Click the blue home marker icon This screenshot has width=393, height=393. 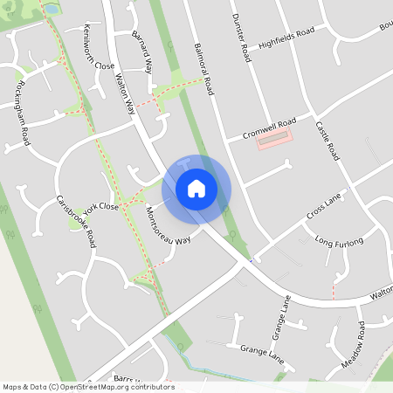tap(196, 188)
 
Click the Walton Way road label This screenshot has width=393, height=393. tap(123, 94)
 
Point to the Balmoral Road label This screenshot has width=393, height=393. tap(203, 68)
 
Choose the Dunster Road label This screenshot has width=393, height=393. tap(240, 38)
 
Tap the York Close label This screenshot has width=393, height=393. tap(103, 208)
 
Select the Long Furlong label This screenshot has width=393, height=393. tap(338, 241)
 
